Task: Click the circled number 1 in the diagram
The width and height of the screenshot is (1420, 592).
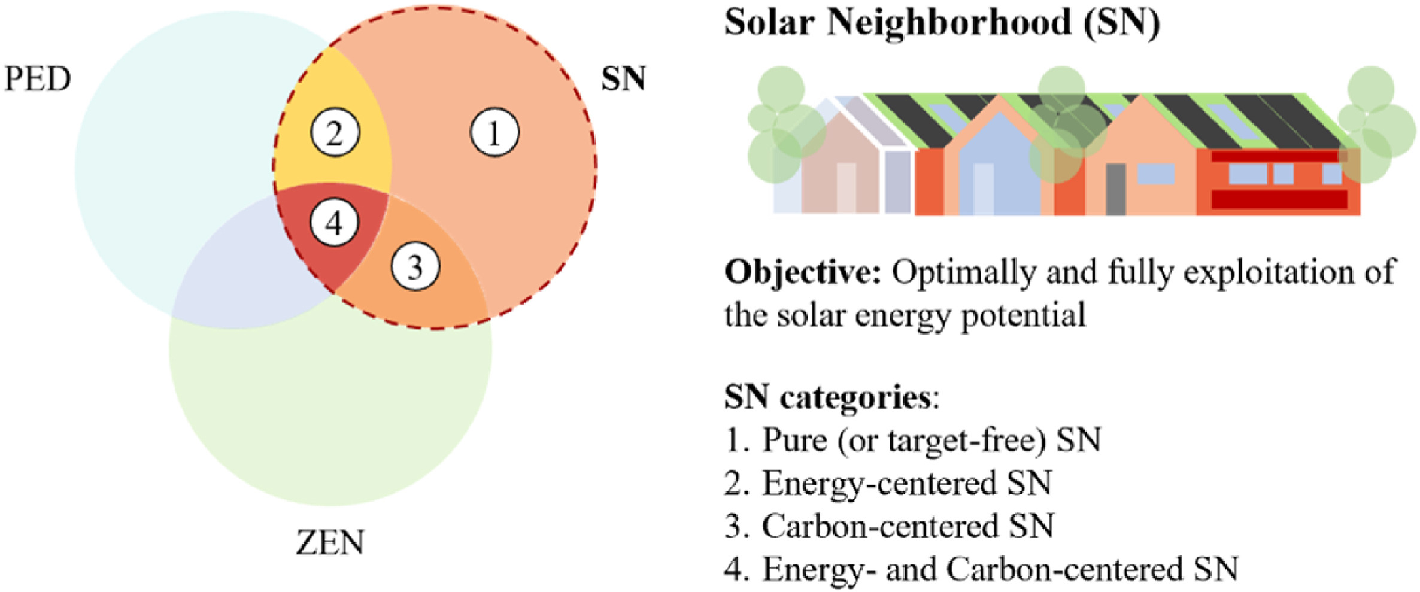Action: point(494,133)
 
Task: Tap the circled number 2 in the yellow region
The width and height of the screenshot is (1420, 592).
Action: point(335,133)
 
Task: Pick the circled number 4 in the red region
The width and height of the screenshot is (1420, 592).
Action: point(334,223)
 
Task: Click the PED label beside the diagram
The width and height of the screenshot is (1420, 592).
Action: point(38,79)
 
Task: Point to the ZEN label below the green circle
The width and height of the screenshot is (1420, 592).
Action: point(330,543)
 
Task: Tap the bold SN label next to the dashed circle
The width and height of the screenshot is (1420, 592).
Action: point(623,79)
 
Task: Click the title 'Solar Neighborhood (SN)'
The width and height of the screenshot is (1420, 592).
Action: point(942,23)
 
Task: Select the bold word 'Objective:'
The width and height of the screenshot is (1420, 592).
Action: point(802,272)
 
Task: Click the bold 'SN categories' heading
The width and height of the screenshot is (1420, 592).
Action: point(827,397)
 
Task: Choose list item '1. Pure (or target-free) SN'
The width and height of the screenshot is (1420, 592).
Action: point(912,441)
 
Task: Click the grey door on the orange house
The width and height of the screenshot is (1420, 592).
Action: point(1115,189)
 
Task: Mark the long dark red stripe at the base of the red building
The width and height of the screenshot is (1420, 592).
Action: point(1279,199)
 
